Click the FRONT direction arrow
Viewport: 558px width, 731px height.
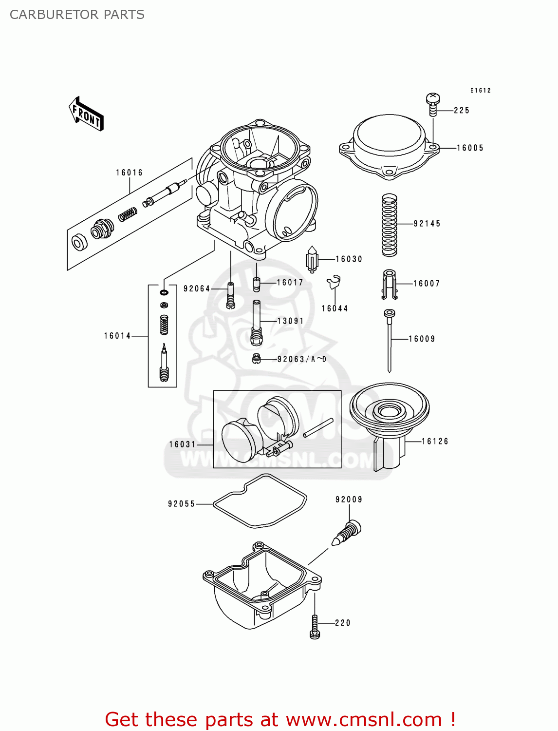click(86, 114)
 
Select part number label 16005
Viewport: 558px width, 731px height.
click(470, 148)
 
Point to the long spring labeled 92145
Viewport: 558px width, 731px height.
click(390, 225)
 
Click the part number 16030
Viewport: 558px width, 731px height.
click(349, 259)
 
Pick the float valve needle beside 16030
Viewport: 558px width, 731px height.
click(312, 260)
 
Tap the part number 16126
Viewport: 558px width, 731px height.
click(435, 442)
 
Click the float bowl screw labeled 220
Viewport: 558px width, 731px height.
click(315, 626)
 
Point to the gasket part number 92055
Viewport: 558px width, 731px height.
click(181, 504)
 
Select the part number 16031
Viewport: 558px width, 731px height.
click(182, 444)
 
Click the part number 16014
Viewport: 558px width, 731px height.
click(117, 336)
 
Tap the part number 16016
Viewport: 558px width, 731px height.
click(130, 173)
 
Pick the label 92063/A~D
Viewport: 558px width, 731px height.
click(302, 359)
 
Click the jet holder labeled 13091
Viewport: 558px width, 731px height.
click(257, 322)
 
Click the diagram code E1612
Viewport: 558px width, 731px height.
click(481, 90)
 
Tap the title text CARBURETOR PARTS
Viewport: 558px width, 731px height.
click(77, 15)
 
